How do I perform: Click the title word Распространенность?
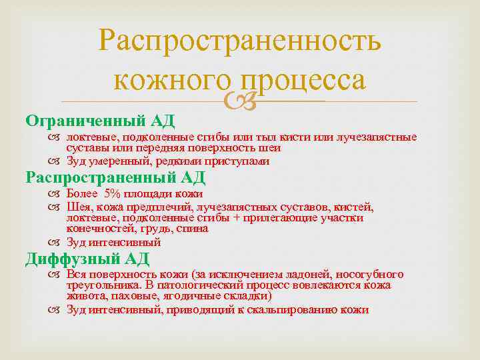240,41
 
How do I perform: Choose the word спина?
194,228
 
